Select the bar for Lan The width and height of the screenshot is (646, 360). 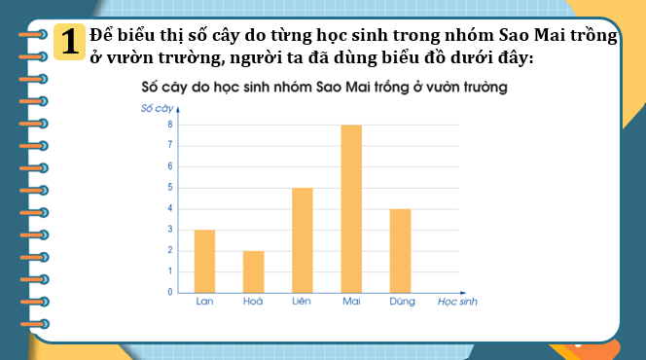(x=204, y=261)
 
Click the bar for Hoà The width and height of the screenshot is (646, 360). (x=253, y=271)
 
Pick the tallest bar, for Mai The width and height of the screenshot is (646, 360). (x=351, y=208)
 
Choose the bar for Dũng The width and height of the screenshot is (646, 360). (x=400, y=250)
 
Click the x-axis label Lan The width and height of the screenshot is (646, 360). (x=204, y=303)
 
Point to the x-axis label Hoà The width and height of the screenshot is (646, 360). (x=253, y=303)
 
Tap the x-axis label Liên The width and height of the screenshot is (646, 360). (x=302, y=303)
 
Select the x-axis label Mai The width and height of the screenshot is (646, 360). (x=351, y=303)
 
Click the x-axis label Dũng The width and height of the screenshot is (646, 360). (x=400, y=303)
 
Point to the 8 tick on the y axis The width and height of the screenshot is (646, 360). (x=169, y=125)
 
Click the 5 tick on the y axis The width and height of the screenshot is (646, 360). (x=169, y=188)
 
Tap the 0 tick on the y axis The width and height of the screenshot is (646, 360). (x=169, y=292)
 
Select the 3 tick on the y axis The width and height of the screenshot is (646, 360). (x=169, y=230)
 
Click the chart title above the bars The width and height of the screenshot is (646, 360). (x=325, y=88)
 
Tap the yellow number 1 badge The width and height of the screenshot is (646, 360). (x=68, y=42)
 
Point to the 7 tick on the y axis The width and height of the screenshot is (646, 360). (x=169, y=146)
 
